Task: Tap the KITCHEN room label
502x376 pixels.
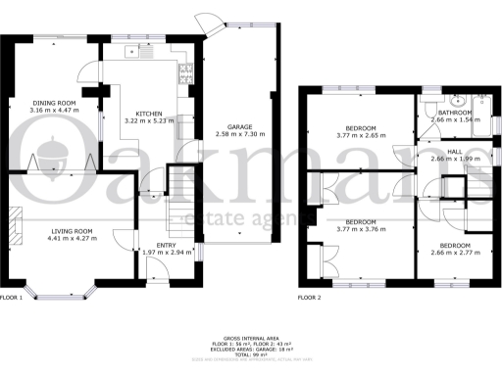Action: click(149, 114)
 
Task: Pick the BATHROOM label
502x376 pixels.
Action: click(457, 113)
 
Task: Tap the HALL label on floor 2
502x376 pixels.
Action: click(455, 152)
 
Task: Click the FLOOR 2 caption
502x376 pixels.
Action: click(310, 296)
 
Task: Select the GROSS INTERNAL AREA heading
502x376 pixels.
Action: click(252, 335)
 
